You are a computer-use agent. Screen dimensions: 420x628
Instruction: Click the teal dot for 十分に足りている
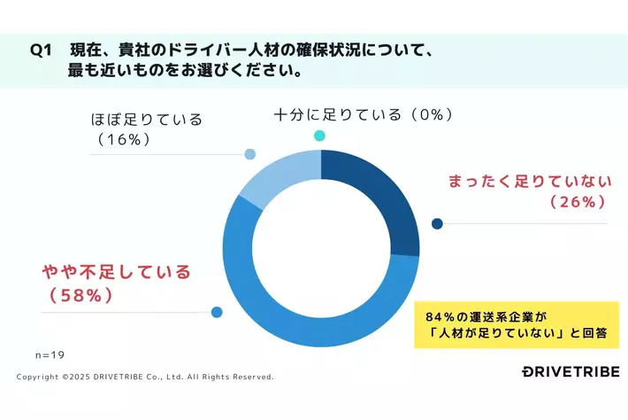[x=319, y=136]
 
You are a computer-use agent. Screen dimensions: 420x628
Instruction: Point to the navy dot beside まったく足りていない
[x=436, y=223]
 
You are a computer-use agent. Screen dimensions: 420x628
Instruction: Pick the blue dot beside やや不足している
[x=217, y=312]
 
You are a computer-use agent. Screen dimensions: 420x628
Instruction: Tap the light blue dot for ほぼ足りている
[x=249, y=154]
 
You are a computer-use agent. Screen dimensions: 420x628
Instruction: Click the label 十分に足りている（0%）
[x=364, y=114]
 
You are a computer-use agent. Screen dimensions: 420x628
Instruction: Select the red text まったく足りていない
[x=529, y=182]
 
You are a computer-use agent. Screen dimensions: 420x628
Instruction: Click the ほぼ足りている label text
[x=147, y=119]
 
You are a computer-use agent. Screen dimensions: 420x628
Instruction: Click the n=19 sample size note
[x=50, y=354]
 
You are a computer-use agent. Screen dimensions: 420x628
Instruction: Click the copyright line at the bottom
[x=145, y=377]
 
